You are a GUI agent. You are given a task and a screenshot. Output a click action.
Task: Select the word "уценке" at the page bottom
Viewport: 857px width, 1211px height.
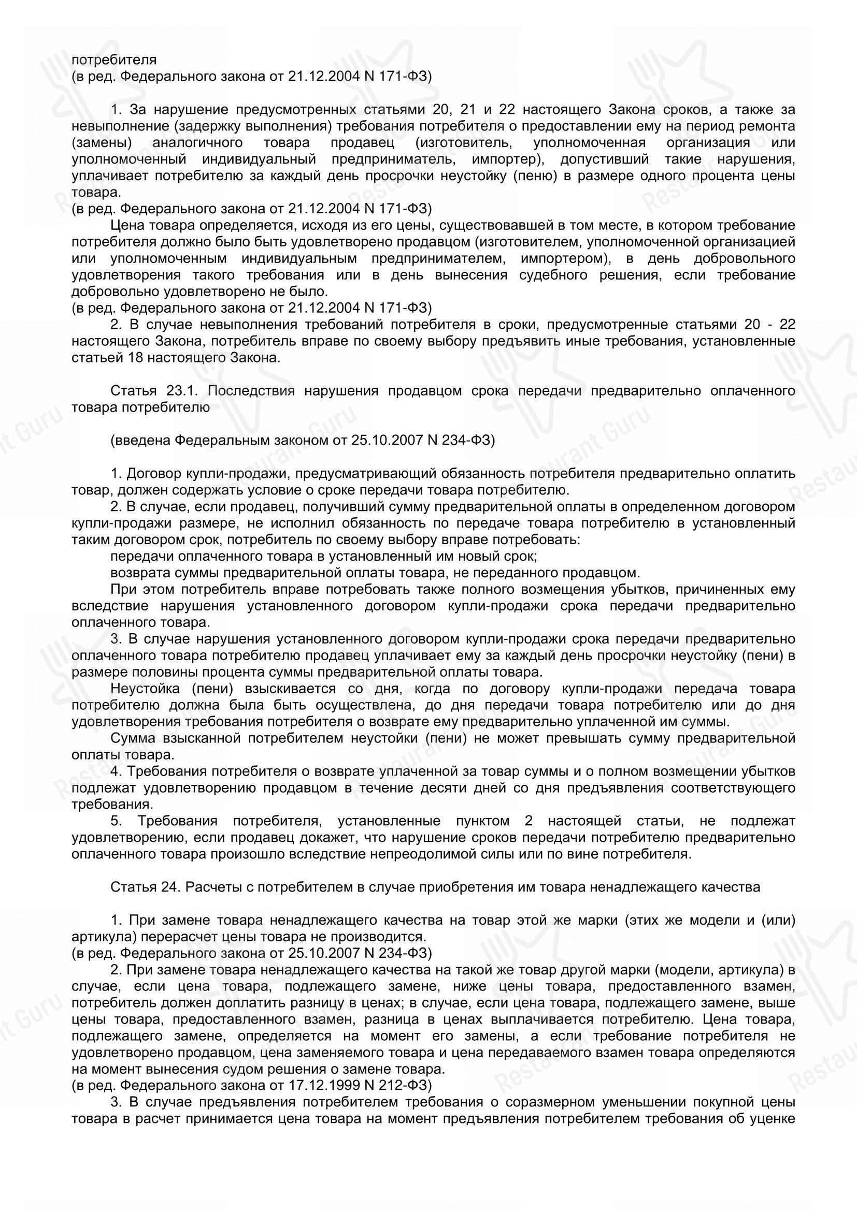coord(776,1119)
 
